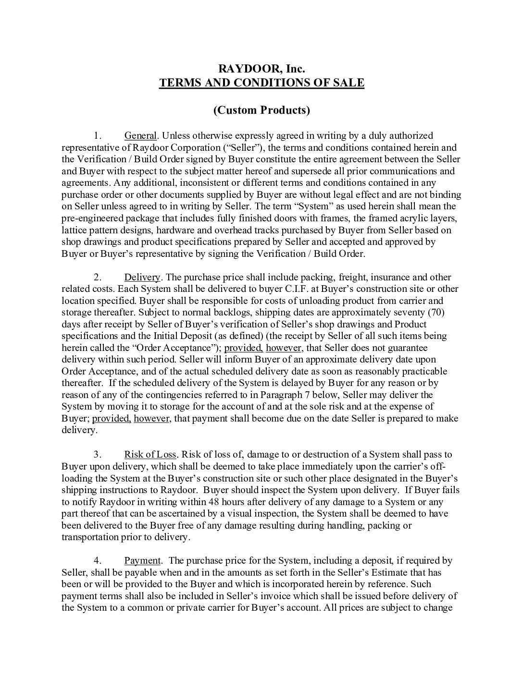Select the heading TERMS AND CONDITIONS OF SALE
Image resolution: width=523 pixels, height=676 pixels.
coord(261,83)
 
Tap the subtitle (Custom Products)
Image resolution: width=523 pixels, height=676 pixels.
coord(261,110)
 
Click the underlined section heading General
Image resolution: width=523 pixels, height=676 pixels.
coord(140,135)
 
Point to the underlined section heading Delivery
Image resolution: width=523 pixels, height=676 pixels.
coord(142,277)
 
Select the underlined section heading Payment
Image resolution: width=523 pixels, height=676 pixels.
coord(142,560)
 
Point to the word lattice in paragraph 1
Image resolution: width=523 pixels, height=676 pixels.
coord(75,230)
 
